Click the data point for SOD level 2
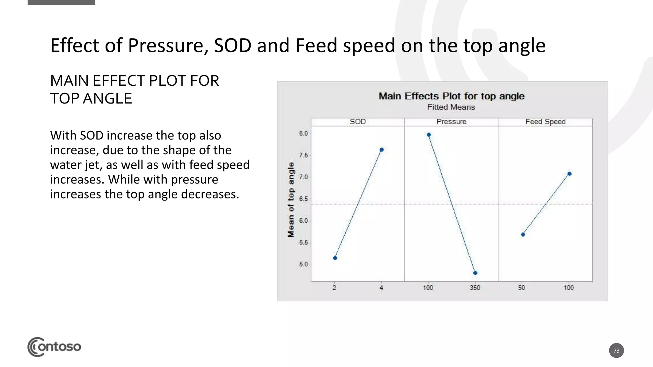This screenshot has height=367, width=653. click(335, 258)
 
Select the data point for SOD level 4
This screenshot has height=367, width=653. click(382, 150)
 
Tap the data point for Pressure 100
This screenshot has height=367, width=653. click(429, 135)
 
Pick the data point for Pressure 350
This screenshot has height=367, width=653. click(475, 273)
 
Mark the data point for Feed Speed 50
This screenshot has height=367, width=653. click(523, 234)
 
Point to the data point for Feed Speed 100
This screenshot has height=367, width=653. click(569, 174)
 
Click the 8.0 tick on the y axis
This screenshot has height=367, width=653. click(304, 133)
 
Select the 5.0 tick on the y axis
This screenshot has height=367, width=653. click(304, 264)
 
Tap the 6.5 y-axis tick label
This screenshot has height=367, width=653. click(304, 199)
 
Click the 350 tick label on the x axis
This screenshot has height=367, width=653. click(475, 288)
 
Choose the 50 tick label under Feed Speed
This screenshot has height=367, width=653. click(521, 288)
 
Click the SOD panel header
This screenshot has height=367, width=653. click(358, 122)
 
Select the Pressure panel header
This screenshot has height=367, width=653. click(451, 122)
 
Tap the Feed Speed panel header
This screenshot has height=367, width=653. click(546, 122)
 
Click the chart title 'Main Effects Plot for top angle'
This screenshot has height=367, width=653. click(451, 96)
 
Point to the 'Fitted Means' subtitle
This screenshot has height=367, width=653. click(451, 107)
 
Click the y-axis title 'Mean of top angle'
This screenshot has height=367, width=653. click(291, 200)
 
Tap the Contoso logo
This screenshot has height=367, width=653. click(54, 347)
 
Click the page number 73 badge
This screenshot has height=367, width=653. click(616, 350)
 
